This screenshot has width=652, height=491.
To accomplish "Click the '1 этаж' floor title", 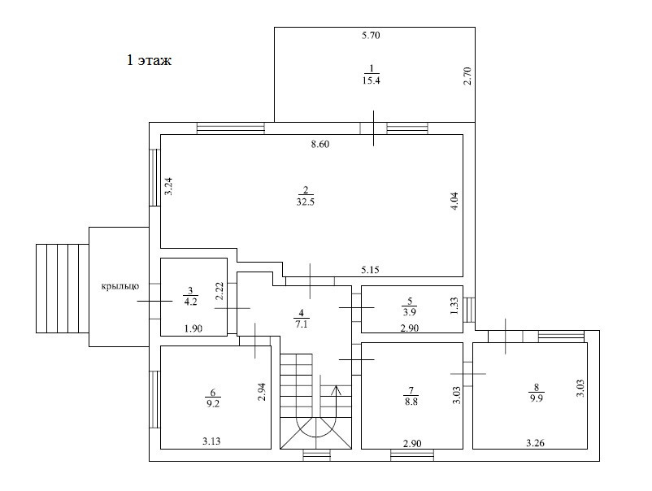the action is (x=149, y=60).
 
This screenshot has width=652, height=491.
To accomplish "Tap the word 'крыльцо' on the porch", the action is (x=120, y=285).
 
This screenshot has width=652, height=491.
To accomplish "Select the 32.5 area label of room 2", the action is (x=306, y=201).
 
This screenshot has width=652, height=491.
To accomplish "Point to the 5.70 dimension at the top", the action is (x=372, y=36).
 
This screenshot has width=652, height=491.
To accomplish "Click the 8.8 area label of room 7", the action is (x=410, y=399).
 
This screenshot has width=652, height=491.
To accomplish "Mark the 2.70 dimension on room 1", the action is (x=467, y=77).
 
